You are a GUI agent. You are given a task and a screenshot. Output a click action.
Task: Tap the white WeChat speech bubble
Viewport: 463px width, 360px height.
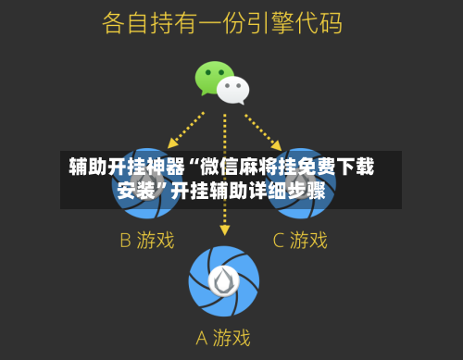coord(233,89)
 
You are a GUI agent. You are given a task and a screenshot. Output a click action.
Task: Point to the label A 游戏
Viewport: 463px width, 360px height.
coord(224,338)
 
